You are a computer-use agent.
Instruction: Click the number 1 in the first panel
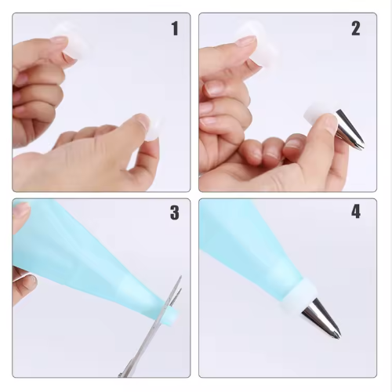pos(175,29)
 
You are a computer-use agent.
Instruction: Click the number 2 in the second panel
pos(356,29)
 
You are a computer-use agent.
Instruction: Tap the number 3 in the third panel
pos(175,212)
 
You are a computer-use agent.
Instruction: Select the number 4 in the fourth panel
pos(356,212)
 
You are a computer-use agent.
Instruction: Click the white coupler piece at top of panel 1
pos(74,42)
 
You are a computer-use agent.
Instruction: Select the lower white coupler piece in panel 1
pos(153,128)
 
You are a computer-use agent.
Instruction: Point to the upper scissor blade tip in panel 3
pos(180,277)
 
